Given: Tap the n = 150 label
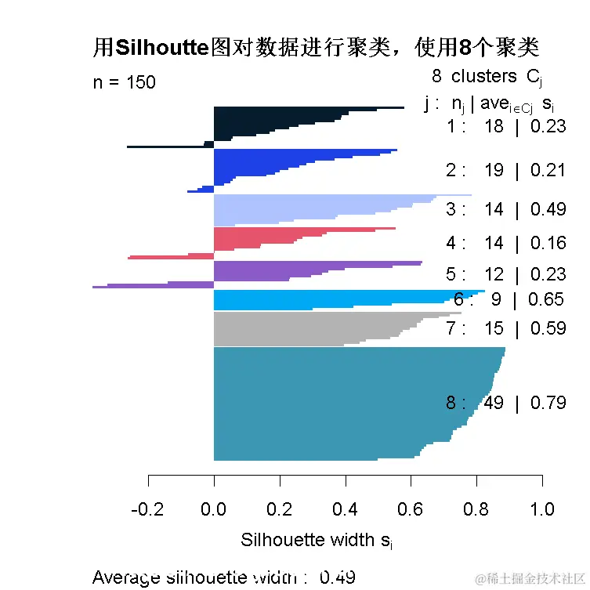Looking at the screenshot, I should [x=124, y=82].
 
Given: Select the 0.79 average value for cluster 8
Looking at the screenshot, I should [x=548, y=404].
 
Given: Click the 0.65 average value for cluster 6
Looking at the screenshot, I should [x=546, y=299].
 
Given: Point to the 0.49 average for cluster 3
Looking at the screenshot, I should [x=548, y=209].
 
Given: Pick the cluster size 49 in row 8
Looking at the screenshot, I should [x=494, y=404].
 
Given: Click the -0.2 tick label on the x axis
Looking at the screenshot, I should [x=149, y=510].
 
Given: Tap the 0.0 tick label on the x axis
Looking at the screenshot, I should [x=214, y=510].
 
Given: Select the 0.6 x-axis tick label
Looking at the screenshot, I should [x=411, y=510].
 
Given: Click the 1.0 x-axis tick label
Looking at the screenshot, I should [x=542, y=510].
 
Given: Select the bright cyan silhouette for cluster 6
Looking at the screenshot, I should [x=313, y=299].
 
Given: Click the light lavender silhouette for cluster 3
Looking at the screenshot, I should [x=313, y=209].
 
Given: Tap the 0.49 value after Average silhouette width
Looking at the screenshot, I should [x=338, y=578].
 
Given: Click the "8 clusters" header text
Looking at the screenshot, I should [x=474, y=76].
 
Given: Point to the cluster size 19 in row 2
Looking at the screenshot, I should [x=494, y=170].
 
